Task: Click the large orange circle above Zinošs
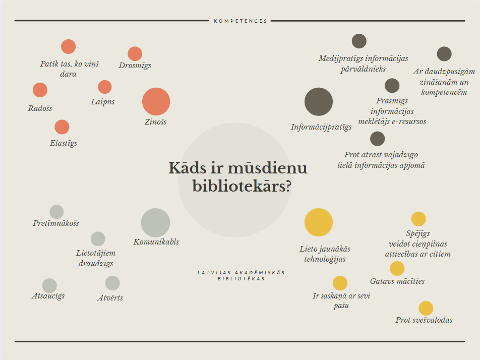point(156,102)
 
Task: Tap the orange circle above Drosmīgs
point(135,54)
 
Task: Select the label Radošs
point(40,108)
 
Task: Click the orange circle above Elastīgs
point(62,127)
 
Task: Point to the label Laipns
point(103,102)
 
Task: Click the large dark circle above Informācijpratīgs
point(319,102)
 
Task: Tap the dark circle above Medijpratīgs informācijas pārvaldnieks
point(359,41)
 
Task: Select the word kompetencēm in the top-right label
point(444,92)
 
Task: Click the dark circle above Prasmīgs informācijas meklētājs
point(392,86)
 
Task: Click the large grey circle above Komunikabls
point(155,223)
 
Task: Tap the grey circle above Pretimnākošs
point(56,212)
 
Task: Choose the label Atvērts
point(110,298)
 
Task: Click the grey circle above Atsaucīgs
point(49,286)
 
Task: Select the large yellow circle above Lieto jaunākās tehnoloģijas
point(319,222)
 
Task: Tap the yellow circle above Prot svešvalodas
point(426,308)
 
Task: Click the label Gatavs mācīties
point(397,281)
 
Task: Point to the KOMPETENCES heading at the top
point(241,21)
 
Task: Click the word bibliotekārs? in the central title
point(242,186)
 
